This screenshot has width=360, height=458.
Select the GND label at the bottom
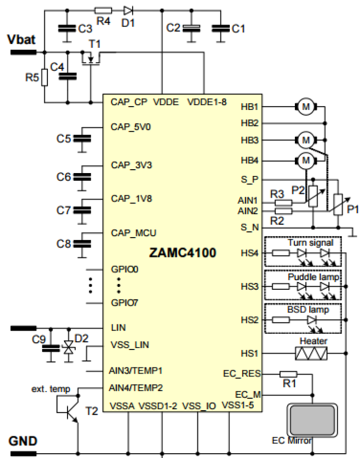pyautogui.click(x=23, y=441)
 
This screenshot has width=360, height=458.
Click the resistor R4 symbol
pyautogui.click(x=103, y=10)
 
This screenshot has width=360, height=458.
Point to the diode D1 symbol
pyautogui.click(x=128, y=10)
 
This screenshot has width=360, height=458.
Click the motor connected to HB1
pyautogui.click(x=305, y=107)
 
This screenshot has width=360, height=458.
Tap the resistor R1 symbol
pyautogui.click(x=289, y=374)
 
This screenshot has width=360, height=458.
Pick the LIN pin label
pyautogui.click(x=118, y=328)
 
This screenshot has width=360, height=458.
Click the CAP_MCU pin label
pyautogui.click(x=133, y=233)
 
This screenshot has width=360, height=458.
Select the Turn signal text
pyautogui.click(x=310, y=242)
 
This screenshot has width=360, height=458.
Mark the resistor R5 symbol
pyautogui.click(x=44, y=77)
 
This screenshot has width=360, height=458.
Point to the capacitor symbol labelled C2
pyautogui.click(x=192, y=28)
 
